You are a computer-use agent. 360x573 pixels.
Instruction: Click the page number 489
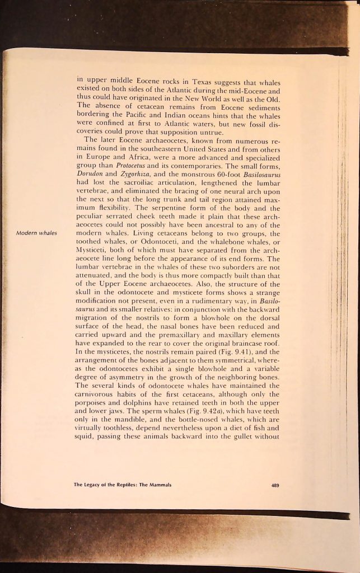click(274, 485)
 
